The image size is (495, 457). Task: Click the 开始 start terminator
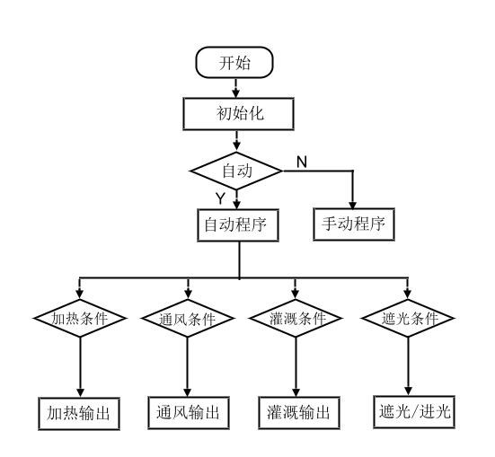(234, 62)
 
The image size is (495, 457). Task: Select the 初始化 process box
(239, 114)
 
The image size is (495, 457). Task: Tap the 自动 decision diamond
(237, 171)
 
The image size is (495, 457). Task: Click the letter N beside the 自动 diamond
(302, 162)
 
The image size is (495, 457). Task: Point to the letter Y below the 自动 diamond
(220, 198)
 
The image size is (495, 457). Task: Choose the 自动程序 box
(238, 225)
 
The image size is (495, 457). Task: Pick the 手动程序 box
(354, 224)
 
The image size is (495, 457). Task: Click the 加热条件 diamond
(80, 318)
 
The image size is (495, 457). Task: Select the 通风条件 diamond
(188, 318)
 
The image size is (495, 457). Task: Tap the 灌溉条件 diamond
(296, 318)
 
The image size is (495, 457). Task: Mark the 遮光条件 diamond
(408, 318)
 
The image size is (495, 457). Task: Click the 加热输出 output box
(79, 413)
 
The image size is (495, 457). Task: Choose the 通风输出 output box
(189, 412)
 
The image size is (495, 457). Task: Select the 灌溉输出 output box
(299, 412)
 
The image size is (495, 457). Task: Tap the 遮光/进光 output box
(414, 411)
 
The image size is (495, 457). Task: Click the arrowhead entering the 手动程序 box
(353, 205)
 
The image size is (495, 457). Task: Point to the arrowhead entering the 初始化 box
(235, 93)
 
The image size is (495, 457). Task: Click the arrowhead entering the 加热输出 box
(80, 392)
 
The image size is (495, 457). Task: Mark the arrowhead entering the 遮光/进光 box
(408, 391)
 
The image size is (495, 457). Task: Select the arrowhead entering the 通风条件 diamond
(188, 294)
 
